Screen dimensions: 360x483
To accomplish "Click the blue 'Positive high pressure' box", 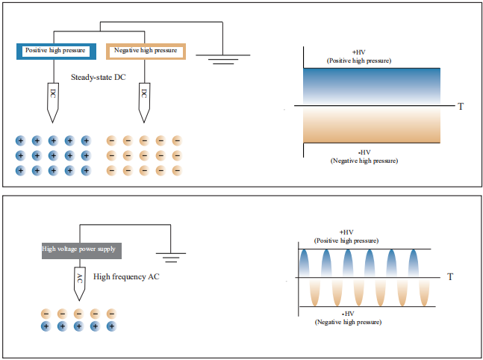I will tap(56, 51).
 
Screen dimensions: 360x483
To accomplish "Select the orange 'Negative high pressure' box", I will tap(146, 51).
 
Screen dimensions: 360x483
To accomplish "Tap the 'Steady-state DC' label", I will tap(98, 77).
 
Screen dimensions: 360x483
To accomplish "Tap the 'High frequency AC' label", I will tap(127, 277).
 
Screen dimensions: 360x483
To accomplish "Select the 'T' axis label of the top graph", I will tap(461, 107).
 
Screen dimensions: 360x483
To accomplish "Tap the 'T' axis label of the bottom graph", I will tap(450, 277).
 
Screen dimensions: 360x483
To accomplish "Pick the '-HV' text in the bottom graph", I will tap(348, 314).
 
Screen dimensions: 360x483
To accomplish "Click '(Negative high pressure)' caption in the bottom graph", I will tap(348, 321).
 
